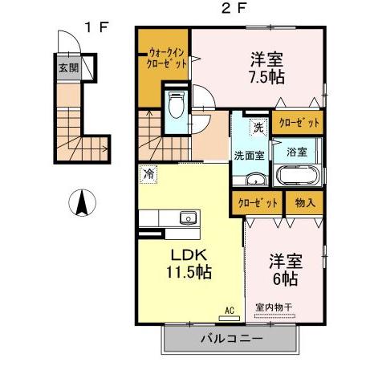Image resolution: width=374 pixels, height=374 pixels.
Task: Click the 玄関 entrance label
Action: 63,67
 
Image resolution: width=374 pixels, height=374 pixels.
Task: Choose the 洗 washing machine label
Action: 258,126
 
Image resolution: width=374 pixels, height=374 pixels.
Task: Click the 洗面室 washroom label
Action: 250,155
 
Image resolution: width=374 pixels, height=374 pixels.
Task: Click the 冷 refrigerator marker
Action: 149,172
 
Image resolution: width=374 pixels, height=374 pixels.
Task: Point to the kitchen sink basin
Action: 188,217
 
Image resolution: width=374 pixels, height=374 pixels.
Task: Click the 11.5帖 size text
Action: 190,273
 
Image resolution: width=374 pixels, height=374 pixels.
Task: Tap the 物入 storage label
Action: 305,204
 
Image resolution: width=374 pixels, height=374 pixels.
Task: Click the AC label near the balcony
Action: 230,309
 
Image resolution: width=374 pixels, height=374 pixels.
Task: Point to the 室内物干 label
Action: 274,306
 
